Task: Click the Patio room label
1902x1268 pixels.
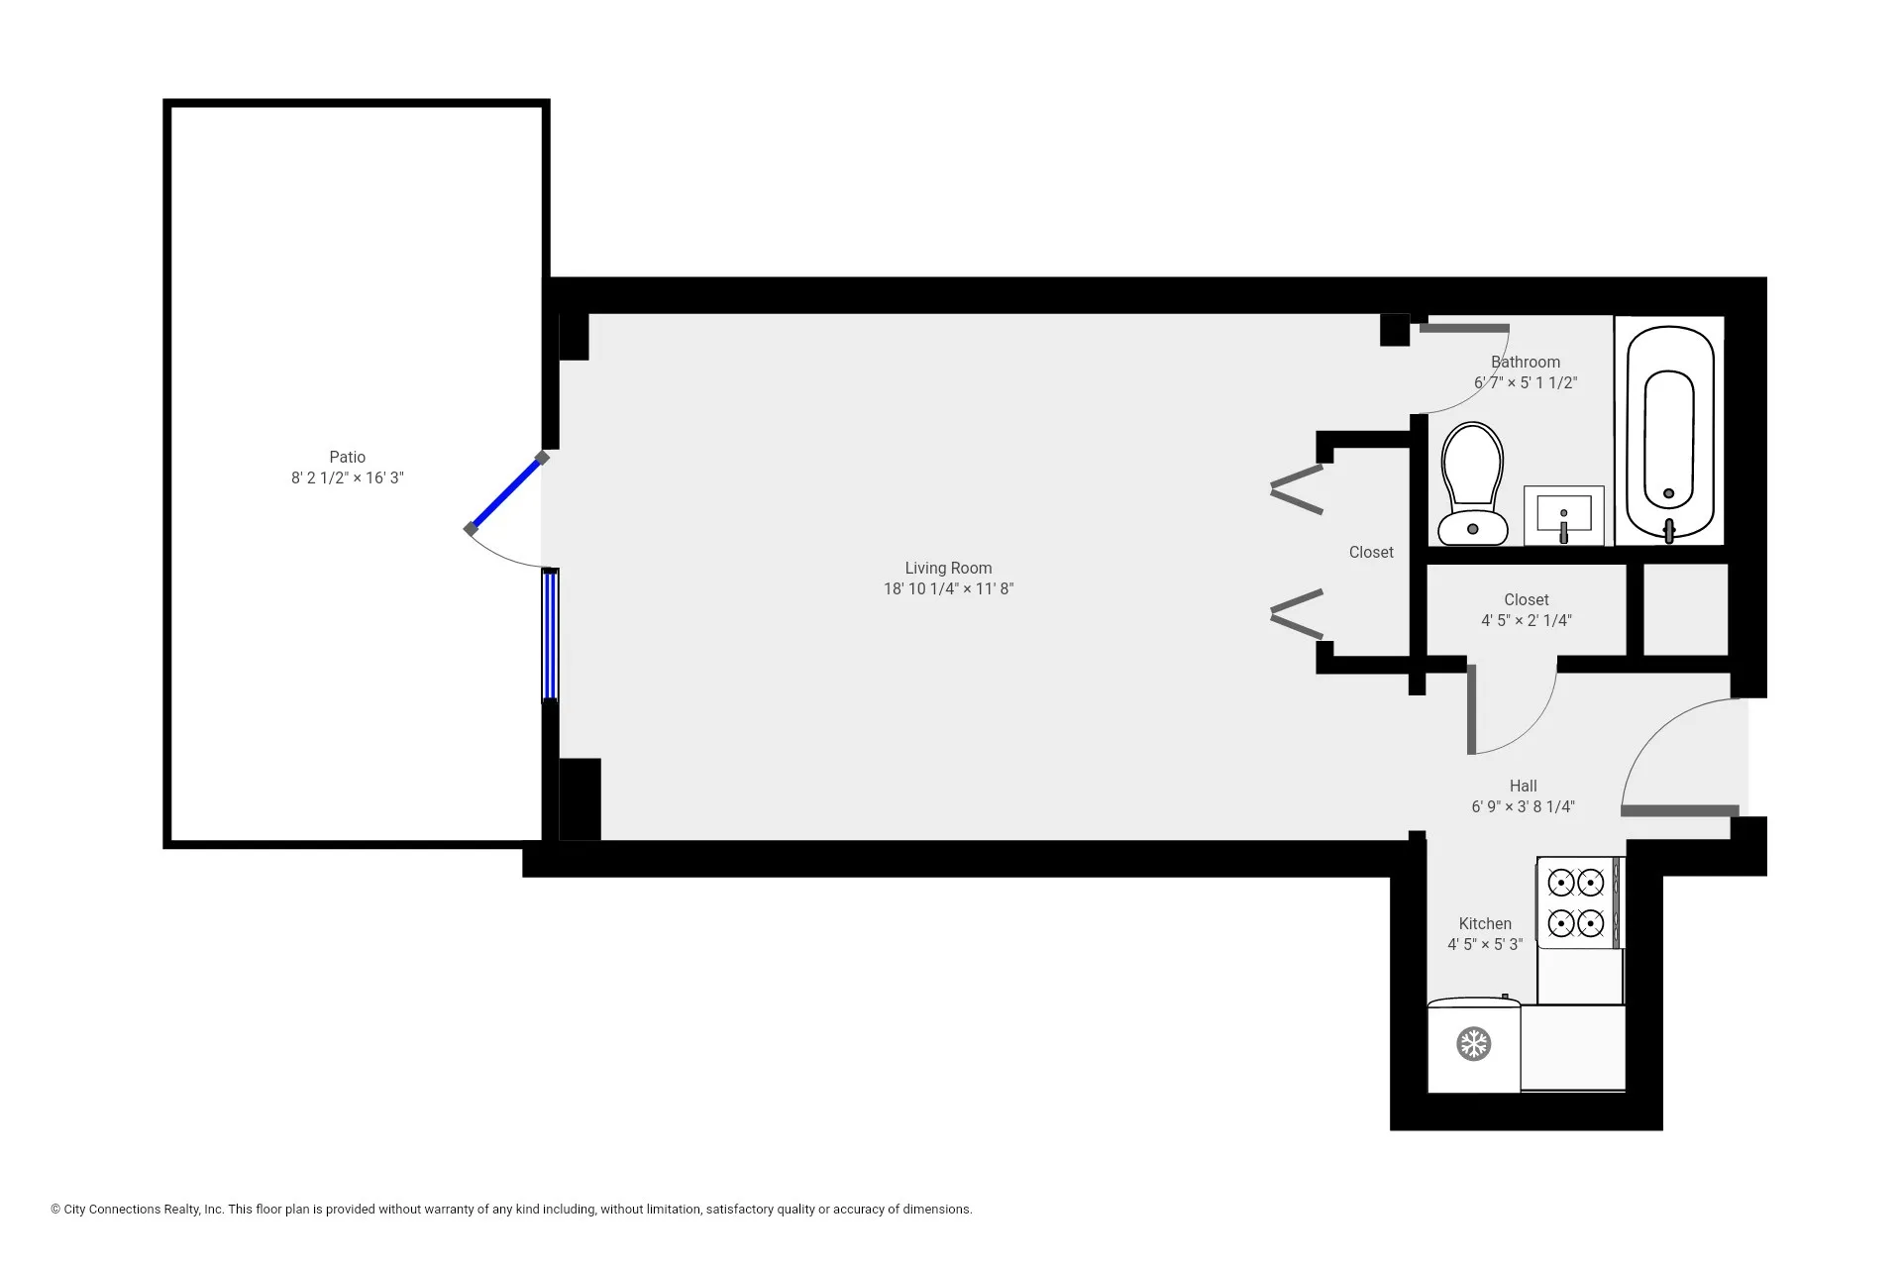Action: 347,457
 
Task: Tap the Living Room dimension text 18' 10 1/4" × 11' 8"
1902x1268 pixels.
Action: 948,589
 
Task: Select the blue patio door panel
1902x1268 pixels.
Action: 506,493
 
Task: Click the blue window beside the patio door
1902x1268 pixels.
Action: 550,635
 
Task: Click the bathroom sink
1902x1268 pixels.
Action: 1563,515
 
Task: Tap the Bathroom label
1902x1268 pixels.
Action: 1525,363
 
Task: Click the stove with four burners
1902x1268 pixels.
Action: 1577,902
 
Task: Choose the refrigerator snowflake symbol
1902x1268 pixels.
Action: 1473,1043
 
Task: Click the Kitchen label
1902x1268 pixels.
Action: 1484,923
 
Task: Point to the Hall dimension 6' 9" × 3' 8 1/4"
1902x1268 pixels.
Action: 1523,807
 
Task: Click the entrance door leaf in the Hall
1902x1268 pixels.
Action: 1679,810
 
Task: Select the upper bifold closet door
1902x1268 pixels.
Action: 1298,488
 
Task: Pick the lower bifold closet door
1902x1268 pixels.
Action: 1298,614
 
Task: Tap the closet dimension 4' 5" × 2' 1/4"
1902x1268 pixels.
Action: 1526,621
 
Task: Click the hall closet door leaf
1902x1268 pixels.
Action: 1472,708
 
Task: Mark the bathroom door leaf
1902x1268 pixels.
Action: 1464,328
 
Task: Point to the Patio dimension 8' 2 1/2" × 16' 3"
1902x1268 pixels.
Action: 347,478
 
